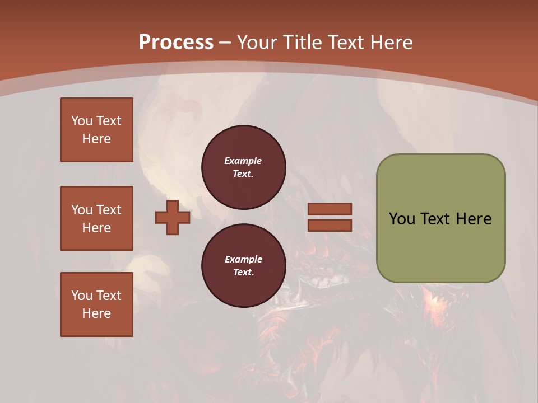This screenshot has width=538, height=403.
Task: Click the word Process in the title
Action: pos(176,43)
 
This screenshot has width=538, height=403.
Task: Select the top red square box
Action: pos(96,130)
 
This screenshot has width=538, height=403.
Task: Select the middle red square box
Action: pos(96,218)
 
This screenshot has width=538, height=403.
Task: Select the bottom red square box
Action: pos(96,304)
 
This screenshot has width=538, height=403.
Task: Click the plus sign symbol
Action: pos(173,217)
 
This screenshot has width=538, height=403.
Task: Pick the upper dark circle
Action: pos(244,167)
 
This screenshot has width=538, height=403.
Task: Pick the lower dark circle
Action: pos(244,266)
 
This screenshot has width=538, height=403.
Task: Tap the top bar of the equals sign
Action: pos(330,209)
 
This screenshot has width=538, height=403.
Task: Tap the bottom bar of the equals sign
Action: pos(330,225)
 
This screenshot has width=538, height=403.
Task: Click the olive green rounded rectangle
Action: pos(440,246)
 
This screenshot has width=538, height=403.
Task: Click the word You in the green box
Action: pos(402,219)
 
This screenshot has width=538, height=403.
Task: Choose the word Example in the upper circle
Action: pos(243,161)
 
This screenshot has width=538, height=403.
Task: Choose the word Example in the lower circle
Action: pos(243,259)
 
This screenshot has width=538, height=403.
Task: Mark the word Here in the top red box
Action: pos(96,139)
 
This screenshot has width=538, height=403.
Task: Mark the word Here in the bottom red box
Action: pos(96,313)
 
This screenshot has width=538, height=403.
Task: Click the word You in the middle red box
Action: pos(82,210)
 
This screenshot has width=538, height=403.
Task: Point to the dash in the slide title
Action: pos(225,43)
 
